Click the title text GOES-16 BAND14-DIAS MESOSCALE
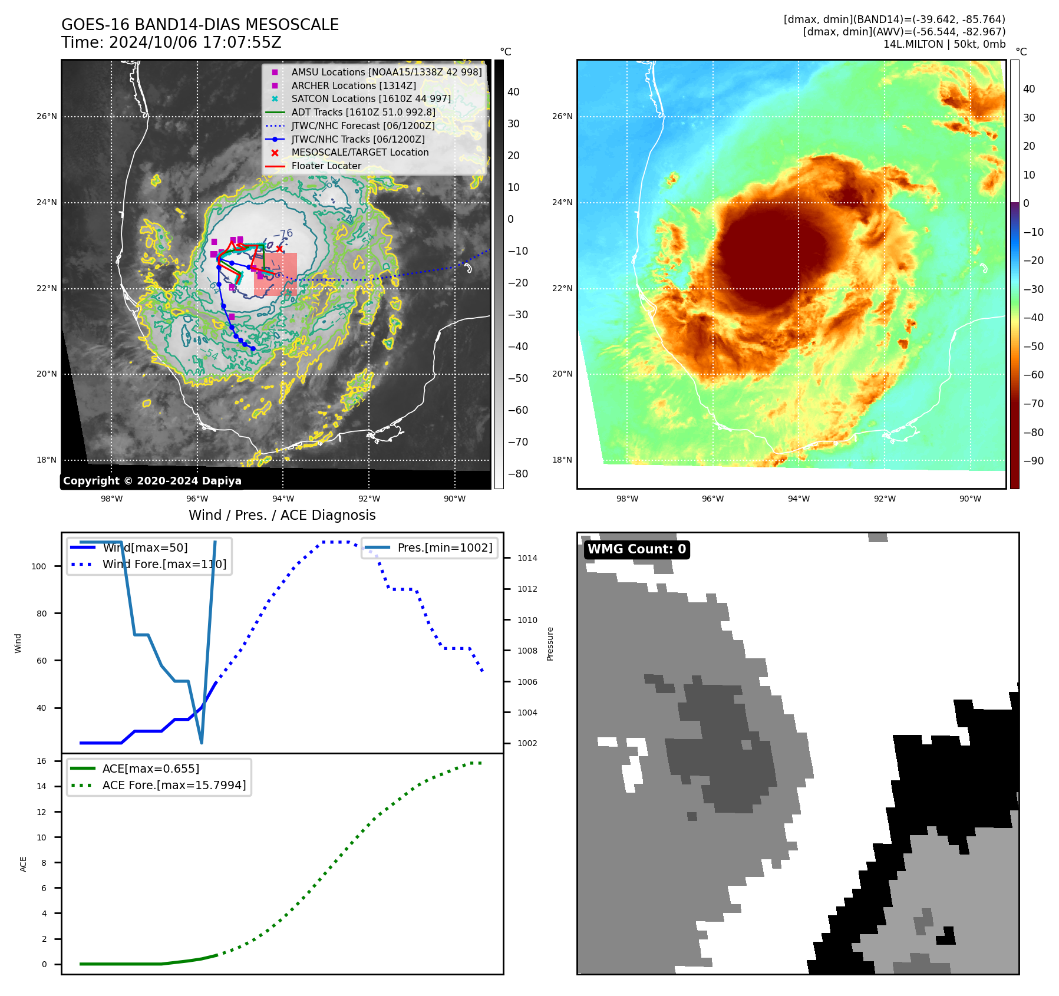(x=200, y=25)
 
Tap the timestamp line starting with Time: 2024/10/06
(x=171, y=42)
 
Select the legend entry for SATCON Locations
(x=371, y=98)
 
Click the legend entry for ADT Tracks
(x=363, y=112)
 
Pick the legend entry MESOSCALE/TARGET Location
(x=359, y=152)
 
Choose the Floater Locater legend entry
(x=326, y=166)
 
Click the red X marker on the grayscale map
(x=279, y=249)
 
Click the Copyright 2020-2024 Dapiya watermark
(x=152, y=481)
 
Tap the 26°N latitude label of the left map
(x=47, y=116)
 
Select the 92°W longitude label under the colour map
(x=884, y=499)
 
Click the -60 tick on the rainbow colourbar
(x=1034, y=375)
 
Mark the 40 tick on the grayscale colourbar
(x=513, y=91)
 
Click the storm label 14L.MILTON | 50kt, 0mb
(x=944, y=44)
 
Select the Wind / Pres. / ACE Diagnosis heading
(x=282, y=515)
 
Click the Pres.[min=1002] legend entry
(x=444, y=548)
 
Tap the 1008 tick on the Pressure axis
(x=527, y=651)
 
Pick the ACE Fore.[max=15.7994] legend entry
(x=174, y=785)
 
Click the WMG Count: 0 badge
(x=636, y=549)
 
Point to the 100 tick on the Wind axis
(x=38, y=566)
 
